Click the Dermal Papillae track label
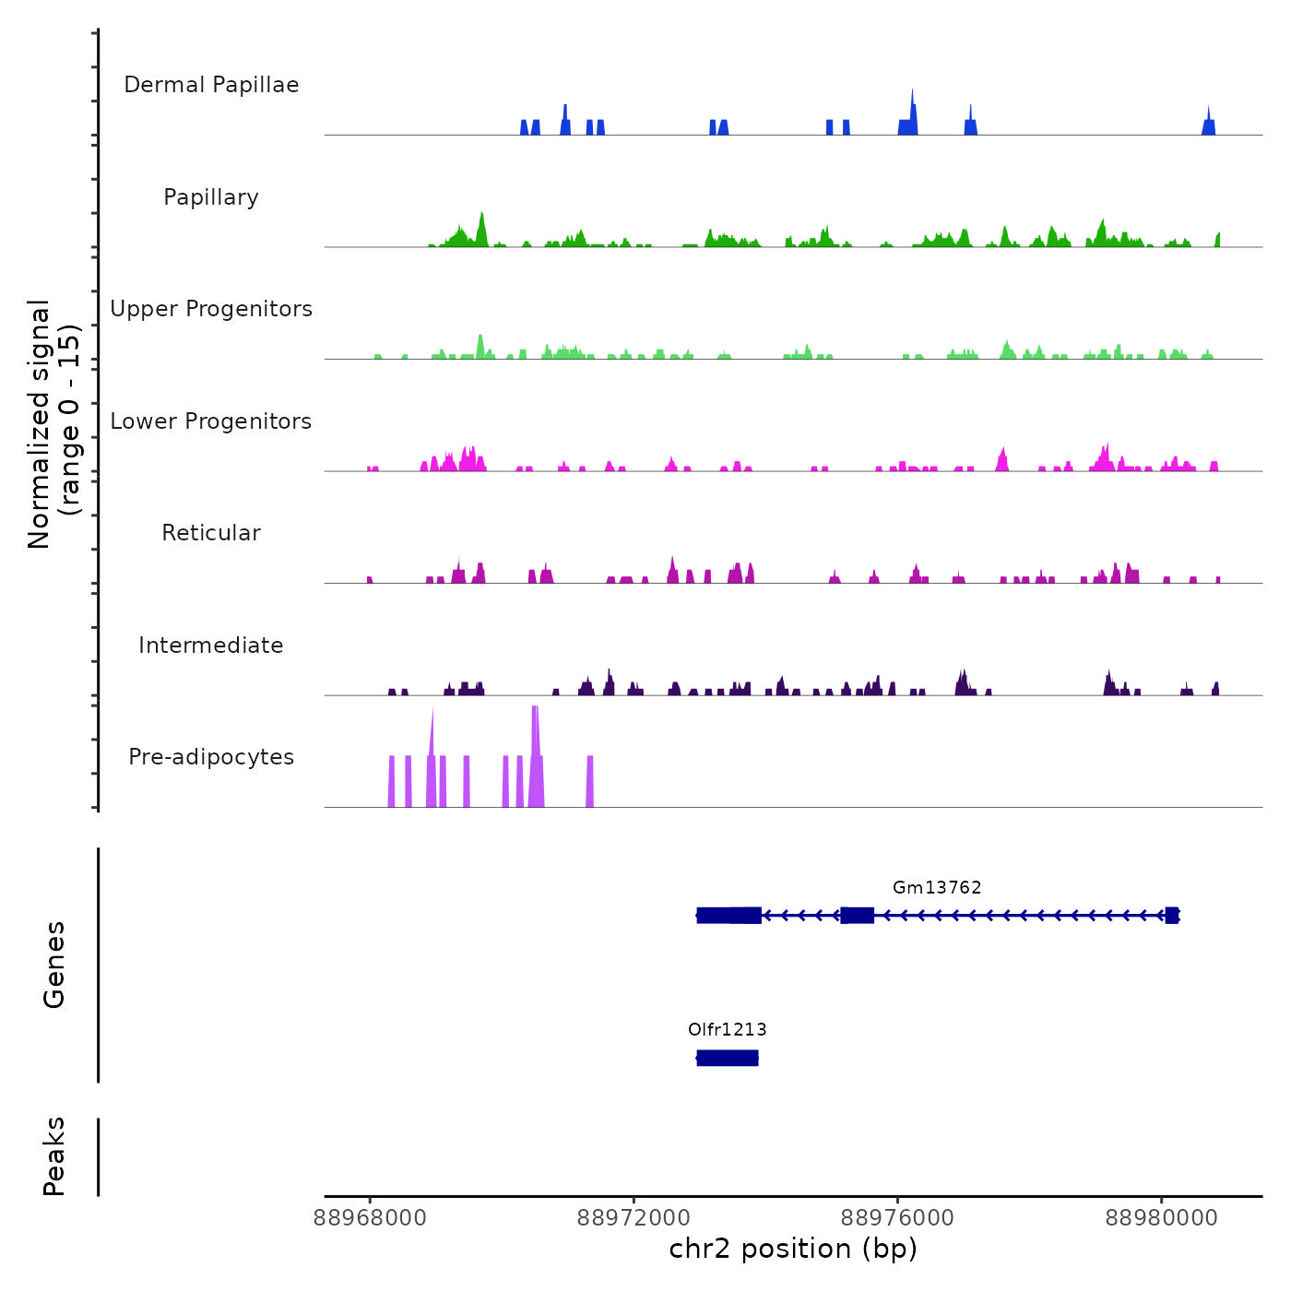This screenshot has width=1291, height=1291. [211, 85]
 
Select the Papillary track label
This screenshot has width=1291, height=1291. [211, 197]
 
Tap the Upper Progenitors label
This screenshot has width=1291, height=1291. [211, 309]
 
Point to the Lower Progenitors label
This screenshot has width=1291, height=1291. [211, 421]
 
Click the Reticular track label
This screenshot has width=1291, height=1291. [211, 533]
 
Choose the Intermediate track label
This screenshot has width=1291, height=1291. [211, 645]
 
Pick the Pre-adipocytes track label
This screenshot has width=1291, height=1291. [211, 757]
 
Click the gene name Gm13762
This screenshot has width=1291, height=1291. [937, 887]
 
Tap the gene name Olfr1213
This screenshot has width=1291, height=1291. [727, 1029]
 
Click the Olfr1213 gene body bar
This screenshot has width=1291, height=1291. [727, 1058]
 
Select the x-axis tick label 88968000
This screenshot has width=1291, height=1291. [370, 1218]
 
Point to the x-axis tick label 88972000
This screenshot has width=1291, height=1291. [634, 1218]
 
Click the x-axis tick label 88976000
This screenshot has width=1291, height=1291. [897, 1218]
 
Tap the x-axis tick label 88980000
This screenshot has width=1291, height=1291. [1161, 1218]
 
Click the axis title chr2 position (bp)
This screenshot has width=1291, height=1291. [793, 1249]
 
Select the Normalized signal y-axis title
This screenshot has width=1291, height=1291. [53, 423]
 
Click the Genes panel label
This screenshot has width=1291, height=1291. [54, 965]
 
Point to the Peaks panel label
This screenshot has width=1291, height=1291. [54, 1156]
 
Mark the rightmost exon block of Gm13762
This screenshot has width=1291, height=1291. [1171, 915]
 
